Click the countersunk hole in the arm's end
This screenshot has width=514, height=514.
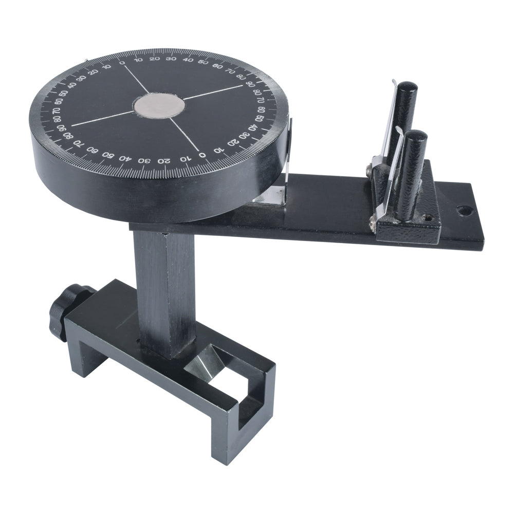[x=465, y=210]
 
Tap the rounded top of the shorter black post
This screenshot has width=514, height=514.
[x=416, y=136]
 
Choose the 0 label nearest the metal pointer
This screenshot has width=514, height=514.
[x=203, y=154]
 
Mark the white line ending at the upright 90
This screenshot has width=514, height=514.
[x=213, y=93]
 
